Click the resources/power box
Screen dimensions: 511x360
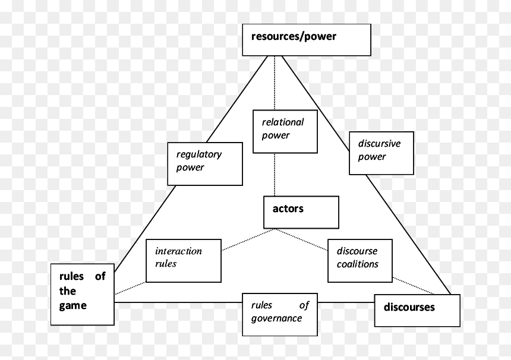click(307, 40)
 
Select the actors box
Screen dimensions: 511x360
click(301, 212)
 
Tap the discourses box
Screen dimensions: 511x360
click(417, 310)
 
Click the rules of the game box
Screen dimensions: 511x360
click(83, 295)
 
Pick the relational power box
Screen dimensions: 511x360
click(285, 131)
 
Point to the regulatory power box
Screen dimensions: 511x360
click(205, 163)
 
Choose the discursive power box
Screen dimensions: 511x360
click(381, 153)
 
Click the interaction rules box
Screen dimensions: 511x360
click(184, 261)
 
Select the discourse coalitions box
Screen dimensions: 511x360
click(360, 261)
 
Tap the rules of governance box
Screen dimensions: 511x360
click(280, 314)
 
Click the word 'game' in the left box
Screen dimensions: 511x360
click(73, 306)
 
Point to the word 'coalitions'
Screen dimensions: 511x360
click(358, 264)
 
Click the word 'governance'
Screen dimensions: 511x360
click(276, 318)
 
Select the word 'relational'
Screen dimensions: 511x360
click(283, 122)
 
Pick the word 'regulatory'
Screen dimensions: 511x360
click(199, 154)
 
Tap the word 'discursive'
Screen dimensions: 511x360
click(379, 143)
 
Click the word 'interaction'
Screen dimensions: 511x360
click(178, 251)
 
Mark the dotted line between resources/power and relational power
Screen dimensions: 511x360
click(275, 83)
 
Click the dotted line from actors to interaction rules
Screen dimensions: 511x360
click(248, 239)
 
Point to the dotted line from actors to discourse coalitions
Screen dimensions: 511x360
click(301, 240)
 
